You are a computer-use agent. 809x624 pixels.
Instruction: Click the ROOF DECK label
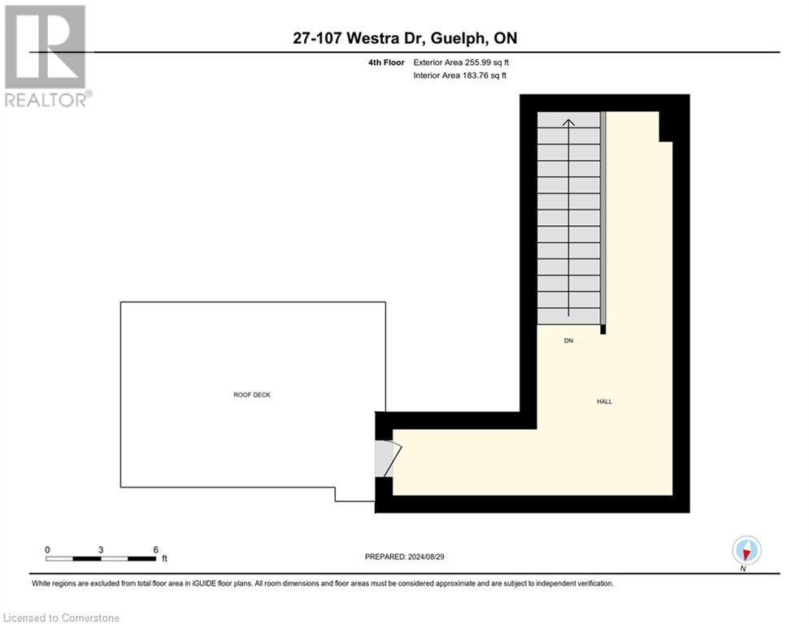click(x=251, y=395)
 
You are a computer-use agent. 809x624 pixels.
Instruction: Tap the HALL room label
click(x=604, y=401)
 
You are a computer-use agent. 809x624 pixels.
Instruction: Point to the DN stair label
click(x=569, y=341)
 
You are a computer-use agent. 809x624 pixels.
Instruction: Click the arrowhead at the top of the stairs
click(x=569, y=123)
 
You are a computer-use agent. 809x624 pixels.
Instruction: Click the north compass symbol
click(x=746, y=550)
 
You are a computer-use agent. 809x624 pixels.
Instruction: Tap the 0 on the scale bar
click(x=48, y=549)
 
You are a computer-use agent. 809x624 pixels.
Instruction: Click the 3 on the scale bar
click(x=101, y=549)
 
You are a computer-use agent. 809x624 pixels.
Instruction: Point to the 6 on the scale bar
click(x=155, y=549)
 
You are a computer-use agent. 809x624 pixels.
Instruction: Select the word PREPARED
click(x=385, y=557)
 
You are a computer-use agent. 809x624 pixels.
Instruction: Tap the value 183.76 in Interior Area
click(x=475, y=76)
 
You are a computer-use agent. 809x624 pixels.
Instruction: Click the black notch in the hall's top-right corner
click(x=667, y=127)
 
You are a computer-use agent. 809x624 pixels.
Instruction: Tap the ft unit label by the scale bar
click(x=164, y=559)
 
